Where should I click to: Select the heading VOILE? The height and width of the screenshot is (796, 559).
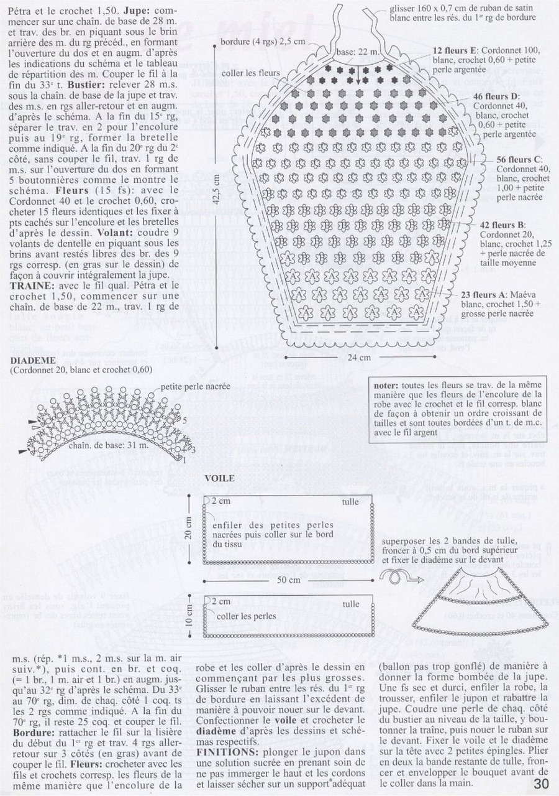(220, 478)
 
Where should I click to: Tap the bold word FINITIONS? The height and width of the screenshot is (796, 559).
(224, 751)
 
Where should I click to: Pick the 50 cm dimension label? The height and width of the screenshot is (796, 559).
(289, 579)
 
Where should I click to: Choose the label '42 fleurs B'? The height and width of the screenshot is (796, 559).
(502, 224)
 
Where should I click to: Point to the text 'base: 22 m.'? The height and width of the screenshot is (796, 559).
(358, 51)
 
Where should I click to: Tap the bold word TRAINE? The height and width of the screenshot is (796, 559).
(28, 285)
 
